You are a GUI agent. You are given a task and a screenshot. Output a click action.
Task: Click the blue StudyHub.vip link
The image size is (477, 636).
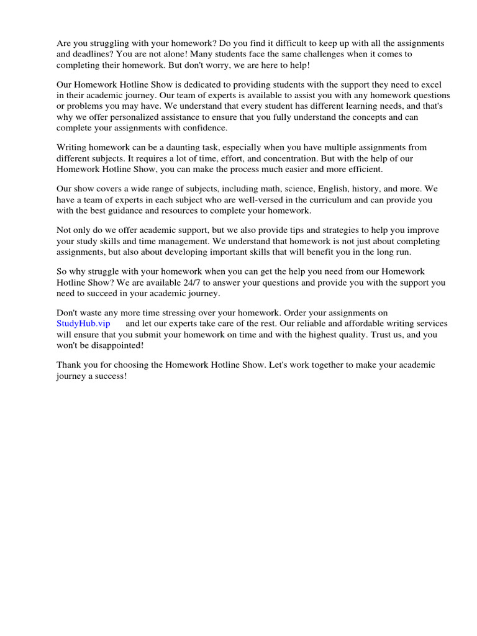83,324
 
